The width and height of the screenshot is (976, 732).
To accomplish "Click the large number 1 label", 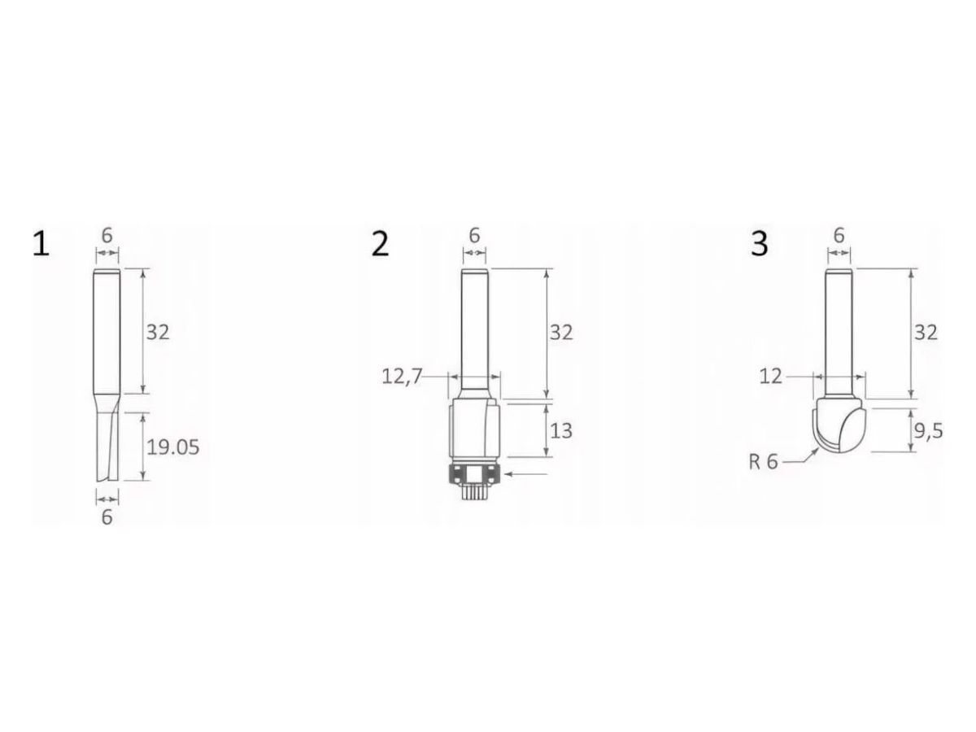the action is (x=41, y=244).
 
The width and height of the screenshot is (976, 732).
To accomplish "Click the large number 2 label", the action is (x=380, y=244).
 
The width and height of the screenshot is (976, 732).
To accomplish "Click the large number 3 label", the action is (x=759, y=244).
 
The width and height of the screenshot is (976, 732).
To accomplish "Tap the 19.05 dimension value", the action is (x=172, y=447).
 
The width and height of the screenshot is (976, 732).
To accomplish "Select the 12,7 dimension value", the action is (x=402, y=377).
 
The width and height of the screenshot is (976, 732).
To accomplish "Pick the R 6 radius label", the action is (x=763, y=463).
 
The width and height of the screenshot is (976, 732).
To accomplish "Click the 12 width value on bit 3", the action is (x=770, y=377).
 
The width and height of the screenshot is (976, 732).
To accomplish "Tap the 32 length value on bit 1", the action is (x=158, y=332).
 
